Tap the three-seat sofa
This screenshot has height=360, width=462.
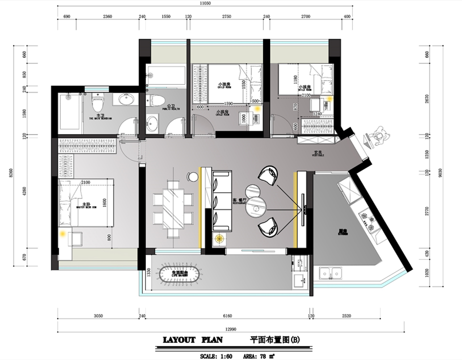click(222, 201)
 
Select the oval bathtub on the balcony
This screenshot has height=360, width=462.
click(180, 274)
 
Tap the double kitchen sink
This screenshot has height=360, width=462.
click(331, 273)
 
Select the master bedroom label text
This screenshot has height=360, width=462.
click(86, 205)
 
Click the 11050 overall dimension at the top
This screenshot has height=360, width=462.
click(205, 3)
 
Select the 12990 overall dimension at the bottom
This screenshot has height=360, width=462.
click(231, 329)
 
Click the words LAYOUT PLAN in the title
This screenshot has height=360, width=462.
click(193, 340)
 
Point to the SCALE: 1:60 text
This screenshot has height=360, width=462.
click(216, 356)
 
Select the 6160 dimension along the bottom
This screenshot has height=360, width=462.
click(227, 316)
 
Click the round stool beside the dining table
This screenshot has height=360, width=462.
click(193, 177)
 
